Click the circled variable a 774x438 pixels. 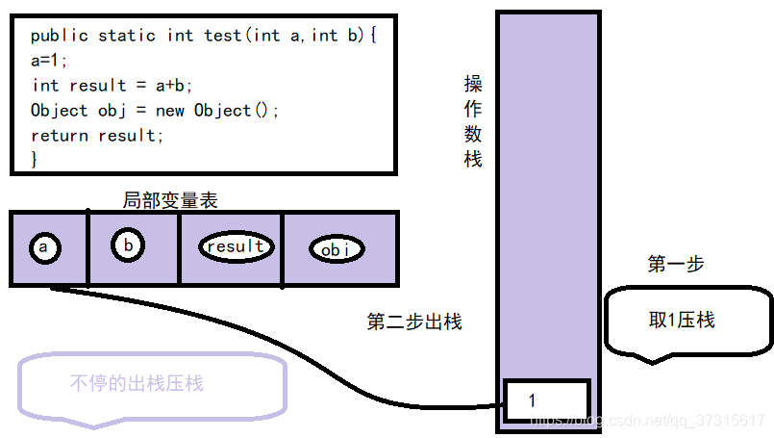(x=43, y=248)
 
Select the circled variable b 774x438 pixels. (x=128, y=245)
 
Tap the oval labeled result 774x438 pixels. (x=236, y=246)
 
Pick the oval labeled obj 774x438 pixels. (x=337, y=249)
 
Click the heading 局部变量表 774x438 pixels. (x=170, y=200)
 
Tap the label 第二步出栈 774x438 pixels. (x=414, y=322)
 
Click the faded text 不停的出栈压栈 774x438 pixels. (x=137, y=383)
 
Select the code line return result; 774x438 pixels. (x=97, y=136)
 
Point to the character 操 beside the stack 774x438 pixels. (x=473, y=85)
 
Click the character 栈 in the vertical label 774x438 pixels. (x=473, y=159)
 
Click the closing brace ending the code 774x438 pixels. (x=35, y=158)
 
